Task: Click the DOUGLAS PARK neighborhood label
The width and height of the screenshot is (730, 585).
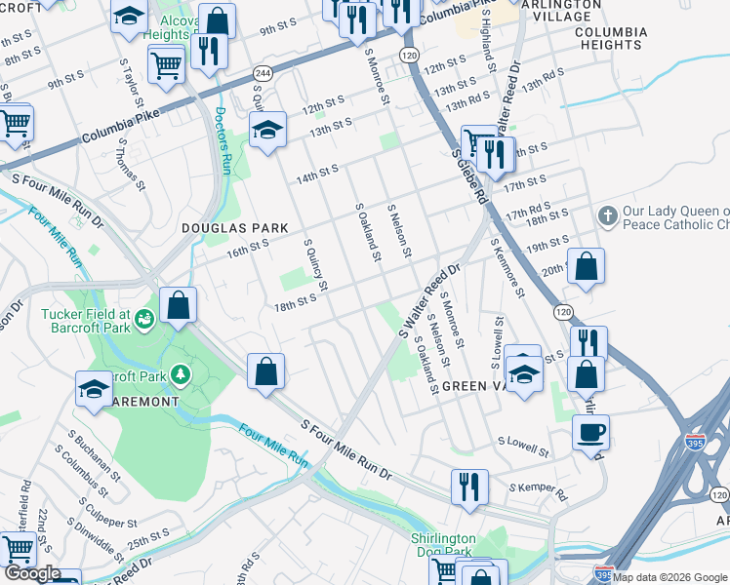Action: pos(235,228)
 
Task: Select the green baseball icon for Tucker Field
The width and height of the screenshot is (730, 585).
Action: pos(144,317)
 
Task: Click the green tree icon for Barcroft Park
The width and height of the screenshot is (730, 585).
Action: pos(179,374)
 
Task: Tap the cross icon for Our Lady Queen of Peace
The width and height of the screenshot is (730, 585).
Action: pos(607,214)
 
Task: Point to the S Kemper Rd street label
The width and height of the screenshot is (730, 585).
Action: pos(538,487)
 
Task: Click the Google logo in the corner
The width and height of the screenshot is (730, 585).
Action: pos(33,573)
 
